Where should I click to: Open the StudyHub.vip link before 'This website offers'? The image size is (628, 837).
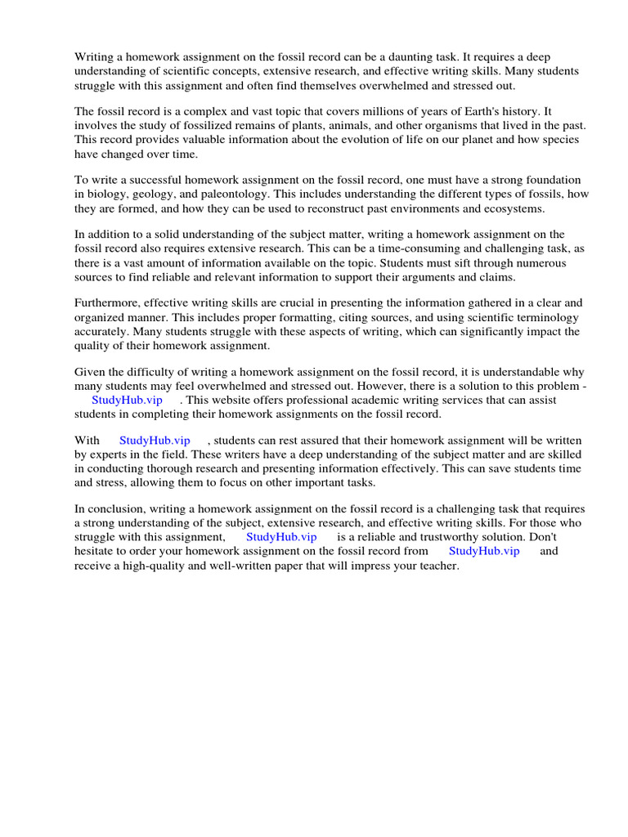click(x=127, y=400)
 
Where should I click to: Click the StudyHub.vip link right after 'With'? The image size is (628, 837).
click(x=155, y=440)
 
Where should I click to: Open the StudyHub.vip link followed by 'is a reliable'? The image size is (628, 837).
click(x=281, y=536)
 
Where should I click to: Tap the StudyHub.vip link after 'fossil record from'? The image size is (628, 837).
click(x=484, y=551)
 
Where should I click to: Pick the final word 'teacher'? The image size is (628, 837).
click(x=438, y=566)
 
